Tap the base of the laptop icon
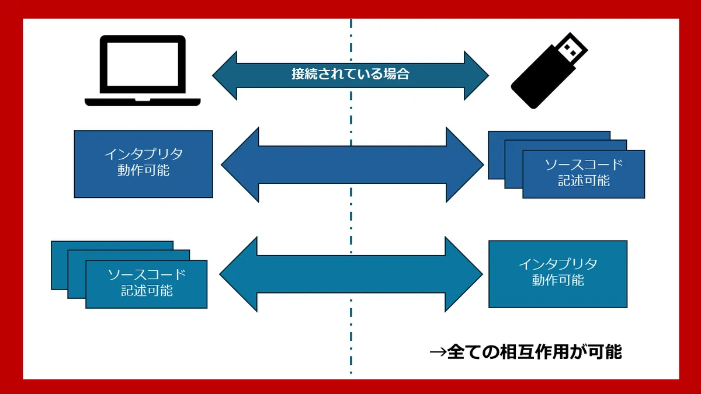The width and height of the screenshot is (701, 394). tap(143, 102)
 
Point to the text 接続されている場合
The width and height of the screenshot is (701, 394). tap(350, 74)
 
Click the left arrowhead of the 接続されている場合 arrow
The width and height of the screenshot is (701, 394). tap(225, 75)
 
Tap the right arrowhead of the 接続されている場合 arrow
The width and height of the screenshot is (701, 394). tap(476, 75)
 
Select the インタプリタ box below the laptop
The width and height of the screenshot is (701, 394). tap(143, 164)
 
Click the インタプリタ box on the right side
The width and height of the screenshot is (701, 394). tap(558, 274)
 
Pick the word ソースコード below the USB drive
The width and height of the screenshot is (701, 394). tap(584, 165)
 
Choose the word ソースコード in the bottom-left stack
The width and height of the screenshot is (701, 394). tap(147, 274)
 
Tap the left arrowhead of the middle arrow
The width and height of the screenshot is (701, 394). tap(240, 165)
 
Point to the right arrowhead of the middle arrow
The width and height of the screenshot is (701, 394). tap(465, 165)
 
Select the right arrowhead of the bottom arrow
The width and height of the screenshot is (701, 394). tap(464, 274)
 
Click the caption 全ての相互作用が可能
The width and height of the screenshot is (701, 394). tap(526, 352)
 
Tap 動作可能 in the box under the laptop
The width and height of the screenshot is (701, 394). tap(143, 171)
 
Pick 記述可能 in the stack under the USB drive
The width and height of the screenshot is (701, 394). tap(584, 180)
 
